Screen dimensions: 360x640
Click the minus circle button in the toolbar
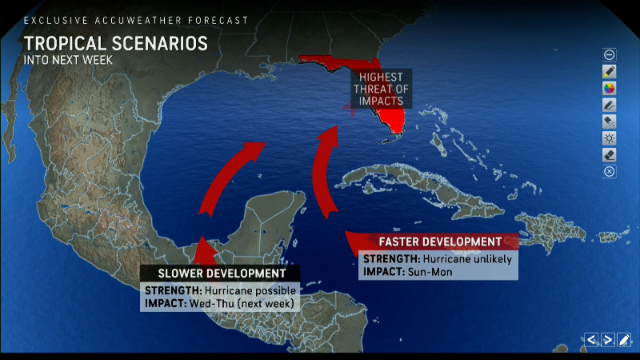tap(610, 54)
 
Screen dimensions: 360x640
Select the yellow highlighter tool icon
tap(610, 71)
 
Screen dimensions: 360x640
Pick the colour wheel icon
tap(610, 88)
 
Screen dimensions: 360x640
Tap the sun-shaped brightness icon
tap(610, 138)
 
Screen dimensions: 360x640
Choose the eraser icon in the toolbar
tap(610, 154)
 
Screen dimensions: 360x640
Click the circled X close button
tap(610, 171)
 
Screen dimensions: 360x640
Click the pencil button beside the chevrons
tap(625, 339)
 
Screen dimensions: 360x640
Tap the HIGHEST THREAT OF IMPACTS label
tap(381, 88)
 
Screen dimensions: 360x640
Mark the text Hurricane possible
tap(250, 290)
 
